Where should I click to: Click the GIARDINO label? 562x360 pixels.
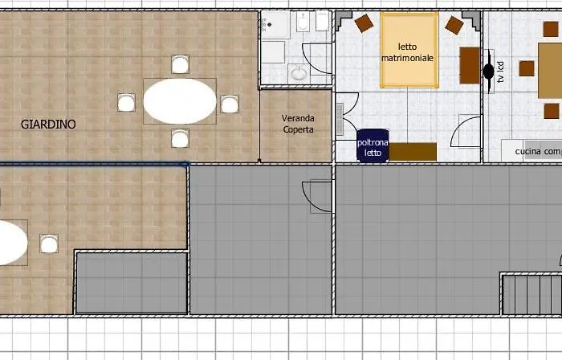point(48,125)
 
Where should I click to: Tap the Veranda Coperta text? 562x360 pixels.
point(298,124)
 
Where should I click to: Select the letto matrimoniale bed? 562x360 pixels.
point(409,50)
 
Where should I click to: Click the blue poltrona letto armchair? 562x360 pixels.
point(373,145)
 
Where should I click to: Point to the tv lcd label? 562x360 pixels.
point(501,72)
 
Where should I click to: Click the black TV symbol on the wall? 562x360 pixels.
point(489,71)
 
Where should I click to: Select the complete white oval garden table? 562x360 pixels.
point(180,101)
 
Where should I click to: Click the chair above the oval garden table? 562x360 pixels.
point(181,64)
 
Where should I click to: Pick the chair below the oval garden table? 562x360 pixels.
point(180,138)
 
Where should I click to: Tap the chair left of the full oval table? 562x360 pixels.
point(126,103)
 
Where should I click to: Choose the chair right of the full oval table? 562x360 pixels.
point(230,104)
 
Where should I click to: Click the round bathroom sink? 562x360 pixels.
point(299,74)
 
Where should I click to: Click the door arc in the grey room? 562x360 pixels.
point(308,202)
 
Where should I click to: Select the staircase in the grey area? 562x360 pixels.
point(531,293)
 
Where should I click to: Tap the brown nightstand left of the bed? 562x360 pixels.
point(364,23)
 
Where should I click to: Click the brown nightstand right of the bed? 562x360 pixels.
point(454,25)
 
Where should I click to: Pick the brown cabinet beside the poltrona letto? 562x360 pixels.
point(413,152)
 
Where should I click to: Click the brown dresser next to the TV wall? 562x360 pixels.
point(470,65)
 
